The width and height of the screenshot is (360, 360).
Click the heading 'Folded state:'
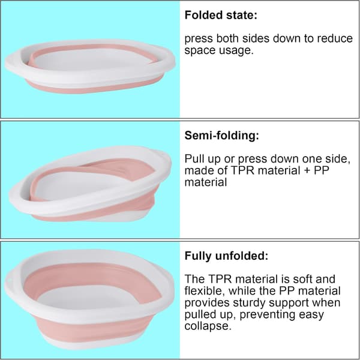[221, 15]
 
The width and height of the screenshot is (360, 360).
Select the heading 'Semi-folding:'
[222, 136]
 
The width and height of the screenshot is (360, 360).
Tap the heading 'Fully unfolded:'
[226, 256]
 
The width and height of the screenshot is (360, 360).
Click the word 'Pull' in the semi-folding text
[194, 158]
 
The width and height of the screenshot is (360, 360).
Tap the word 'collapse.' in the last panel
[208, 326]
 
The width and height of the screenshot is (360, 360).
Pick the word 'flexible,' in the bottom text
[205, 291]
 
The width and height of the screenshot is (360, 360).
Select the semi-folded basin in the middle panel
[90, 184]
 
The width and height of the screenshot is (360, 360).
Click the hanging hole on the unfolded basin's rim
[9, 281]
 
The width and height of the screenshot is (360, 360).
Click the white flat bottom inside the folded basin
[92, 59]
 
